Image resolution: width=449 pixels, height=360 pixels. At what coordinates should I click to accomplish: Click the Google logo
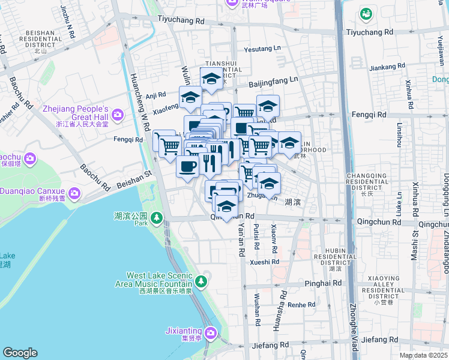20,353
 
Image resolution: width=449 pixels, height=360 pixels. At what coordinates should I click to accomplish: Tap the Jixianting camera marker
211,332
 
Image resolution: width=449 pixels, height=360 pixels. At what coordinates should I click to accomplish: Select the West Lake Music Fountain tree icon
201,281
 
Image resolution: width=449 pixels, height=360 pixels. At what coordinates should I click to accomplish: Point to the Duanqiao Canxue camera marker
74,193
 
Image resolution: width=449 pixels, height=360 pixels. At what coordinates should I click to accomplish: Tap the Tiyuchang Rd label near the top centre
181,20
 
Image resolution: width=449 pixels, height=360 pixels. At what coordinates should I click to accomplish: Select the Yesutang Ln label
262,49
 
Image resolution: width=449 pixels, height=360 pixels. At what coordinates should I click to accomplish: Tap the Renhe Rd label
301,305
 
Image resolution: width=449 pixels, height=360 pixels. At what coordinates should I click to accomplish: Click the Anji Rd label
155,94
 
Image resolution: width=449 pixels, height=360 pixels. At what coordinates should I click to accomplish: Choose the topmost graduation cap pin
211,79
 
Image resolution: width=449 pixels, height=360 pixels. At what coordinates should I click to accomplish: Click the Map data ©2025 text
423,355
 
